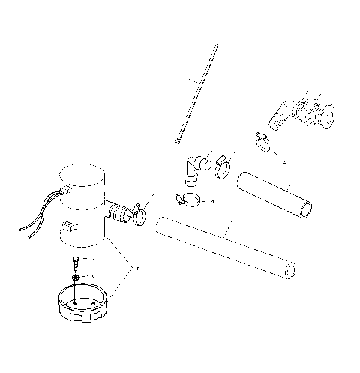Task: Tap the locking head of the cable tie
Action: coord(178,138)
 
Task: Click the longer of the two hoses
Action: coord(225,245)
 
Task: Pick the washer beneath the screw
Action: coord(76,278)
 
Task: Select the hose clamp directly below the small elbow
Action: coord(187,200)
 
